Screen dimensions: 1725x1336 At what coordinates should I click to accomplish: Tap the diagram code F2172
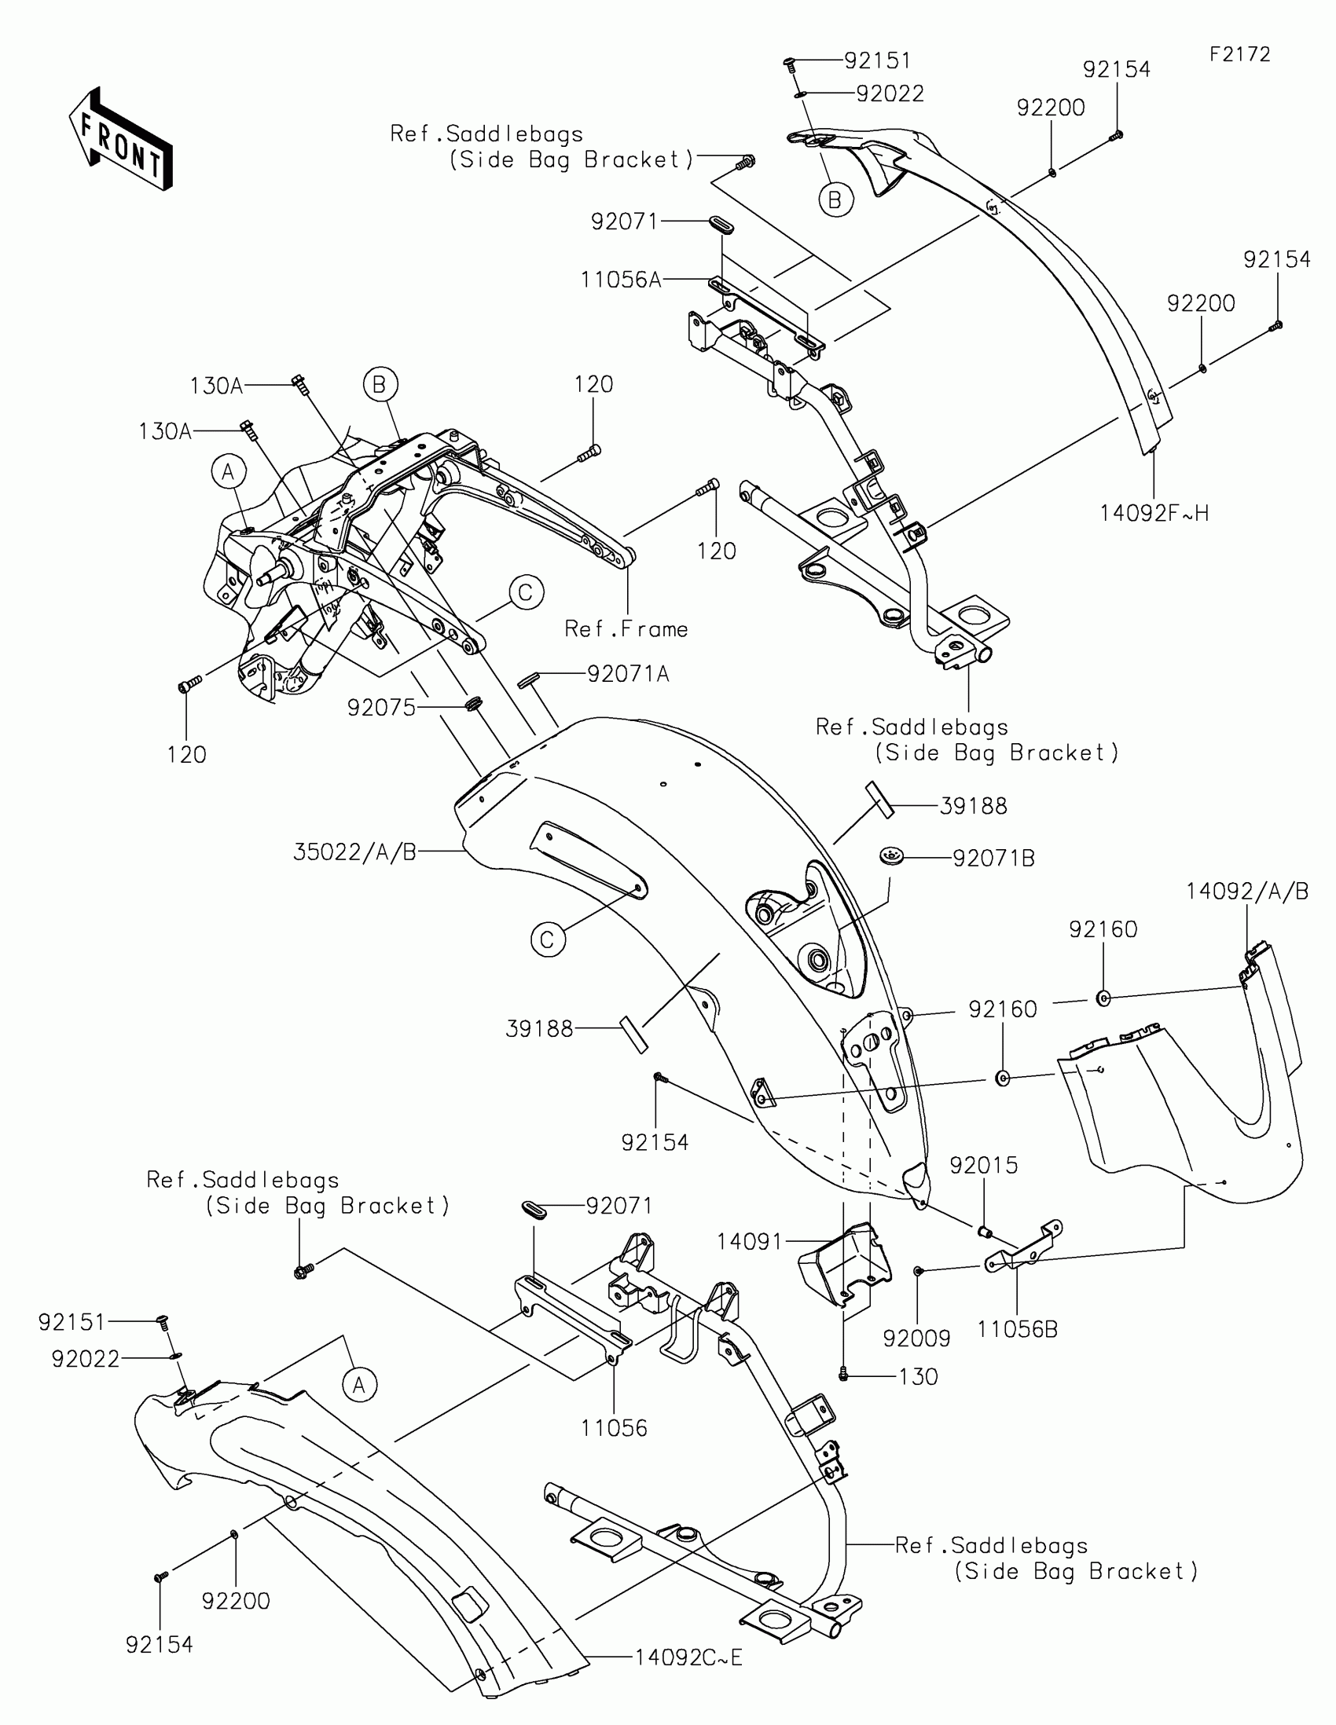click(x=1239, y=54)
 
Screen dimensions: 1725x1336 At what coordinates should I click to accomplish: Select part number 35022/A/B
click(x=354, y=852)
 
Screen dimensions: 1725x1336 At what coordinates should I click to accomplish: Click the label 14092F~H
click(x=1154, y=514)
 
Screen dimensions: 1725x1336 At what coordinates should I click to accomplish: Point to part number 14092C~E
click(x=689, y=1657)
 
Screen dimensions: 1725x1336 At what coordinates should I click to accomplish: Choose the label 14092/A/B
click(x=1246, y=892)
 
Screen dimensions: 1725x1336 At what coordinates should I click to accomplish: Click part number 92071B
click(x=993, y=859)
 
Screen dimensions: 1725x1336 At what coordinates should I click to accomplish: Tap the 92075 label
click(x=382, y=708)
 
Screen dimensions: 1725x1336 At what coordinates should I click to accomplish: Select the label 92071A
click(x=628, y=674)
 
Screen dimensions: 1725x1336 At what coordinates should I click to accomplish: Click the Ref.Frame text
click(x=626, y=629)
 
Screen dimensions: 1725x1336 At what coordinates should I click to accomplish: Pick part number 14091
click(x=749, y=1243)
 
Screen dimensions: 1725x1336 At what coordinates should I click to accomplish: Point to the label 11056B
click(x=1017, y=1329)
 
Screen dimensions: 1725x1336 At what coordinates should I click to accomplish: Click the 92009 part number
click(x=916, y=1338)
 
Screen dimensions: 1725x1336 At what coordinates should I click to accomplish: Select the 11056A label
click(x=621, y=280)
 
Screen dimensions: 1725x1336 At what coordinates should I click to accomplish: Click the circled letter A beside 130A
click(x=229, y=472)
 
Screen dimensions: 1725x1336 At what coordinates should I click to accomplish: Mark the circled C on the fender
click(x=548, y=940)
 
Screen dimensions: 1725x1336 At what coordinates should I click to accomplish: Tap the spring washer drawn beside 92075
click(x=474, y=703)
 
